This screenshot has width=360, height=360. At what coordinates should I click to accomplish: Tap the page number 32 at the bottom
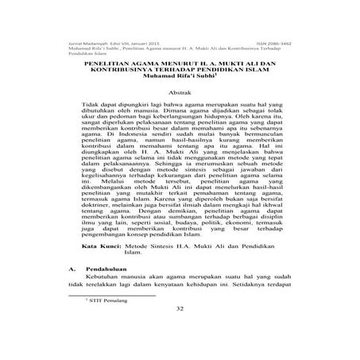[x=180, y=330]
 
